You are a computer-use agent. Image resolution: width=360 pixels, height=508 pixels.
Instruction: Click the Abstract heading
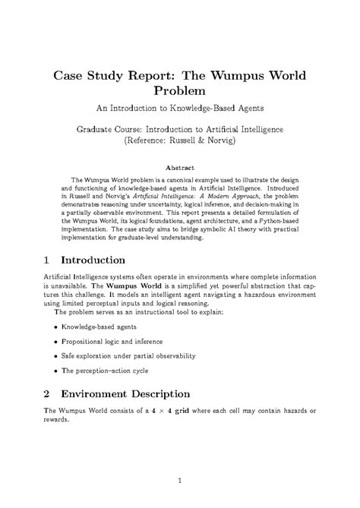[180, 167]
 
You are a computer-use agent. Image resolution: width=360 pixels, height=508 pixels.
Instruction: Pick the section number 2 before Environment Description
[47, 393]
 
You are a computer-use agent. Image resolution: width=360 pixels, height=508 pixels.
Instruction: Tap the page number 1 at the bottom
[180, 480]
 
